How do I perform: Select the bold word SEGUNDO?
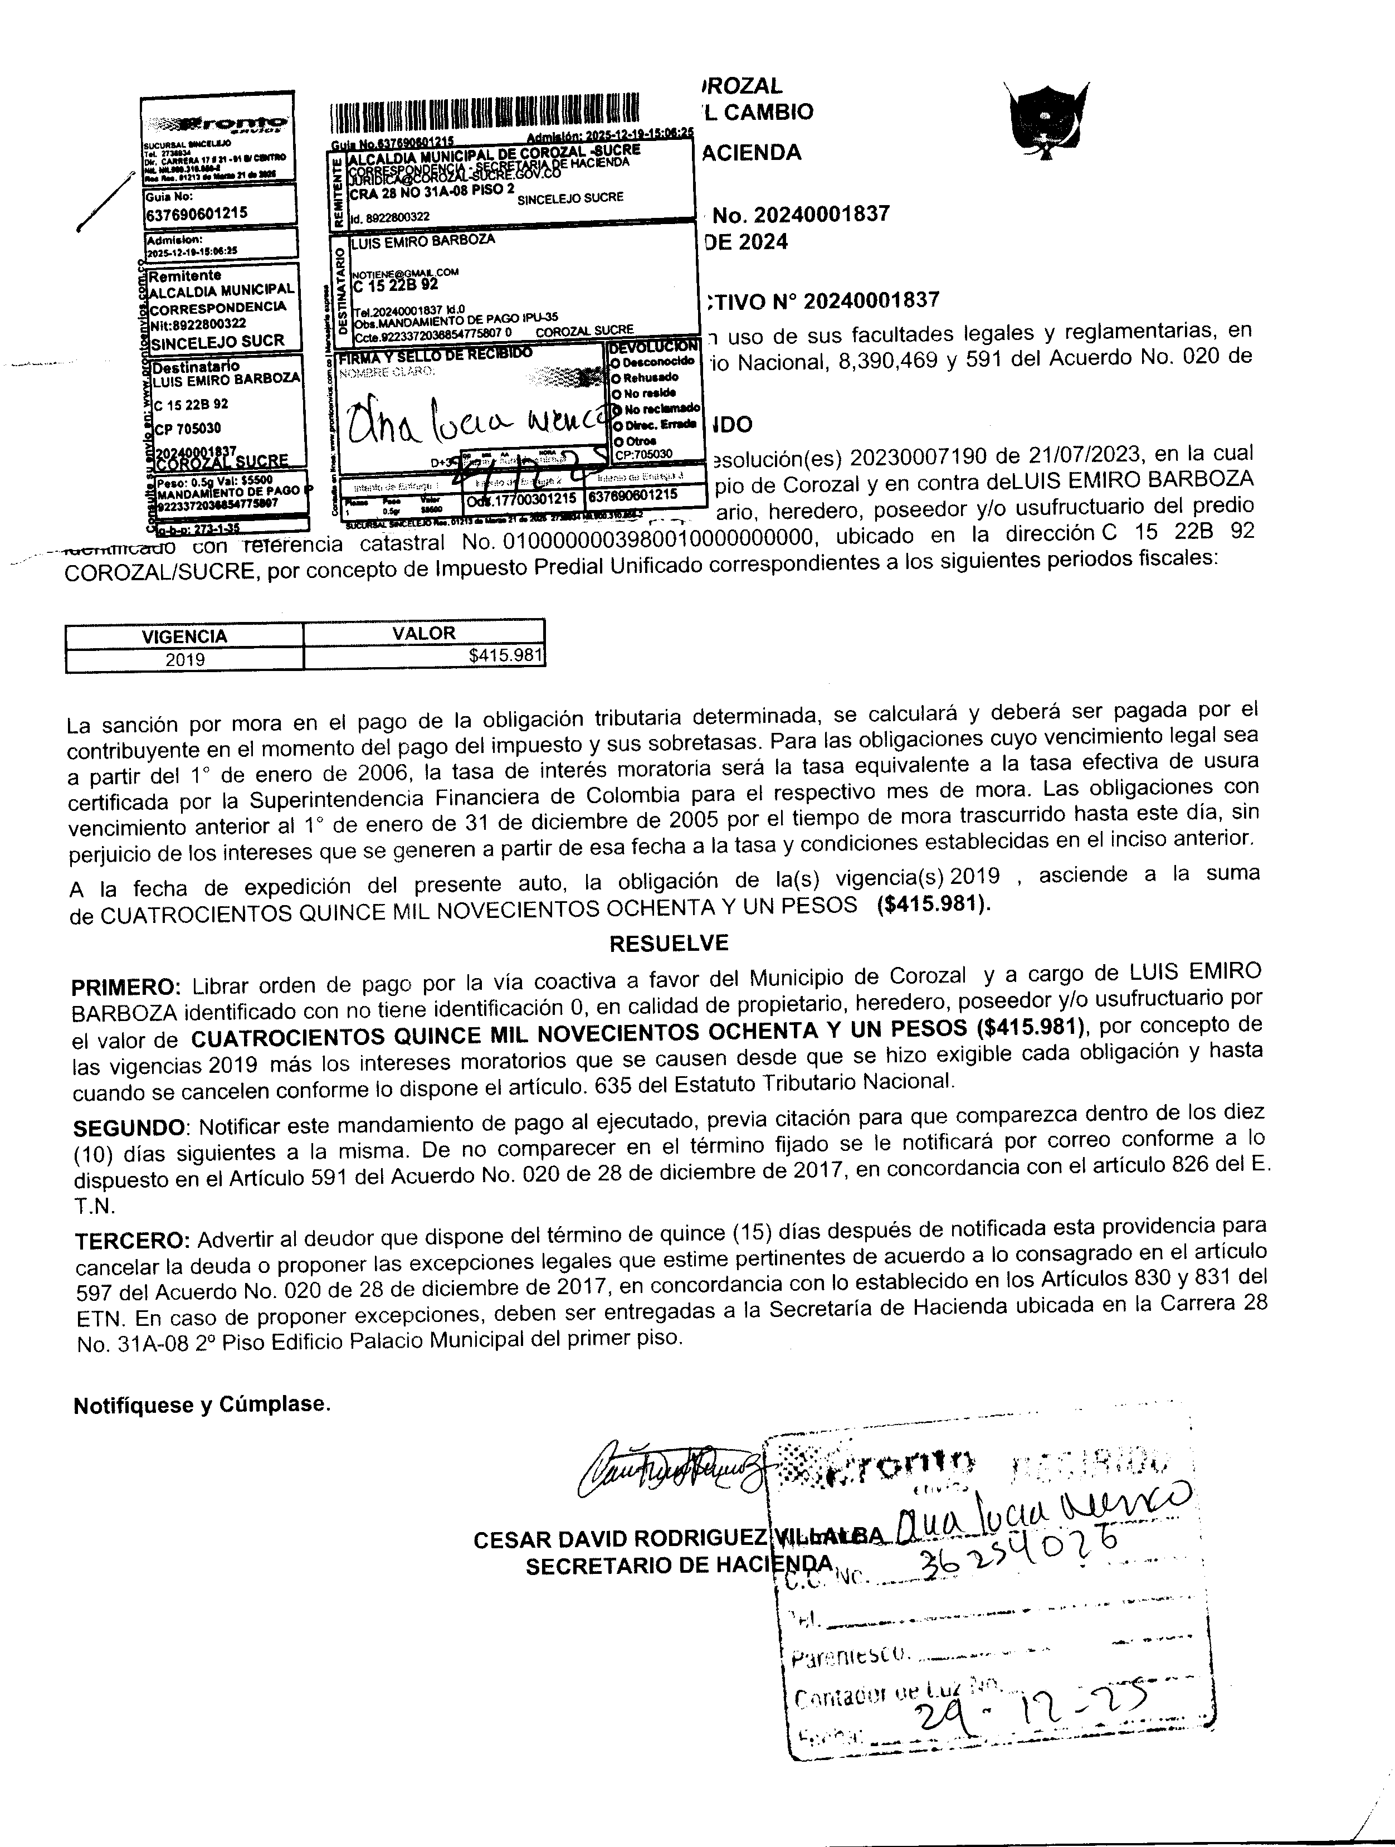129,1128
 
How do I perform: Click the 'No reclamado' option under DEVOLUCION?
655,409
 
